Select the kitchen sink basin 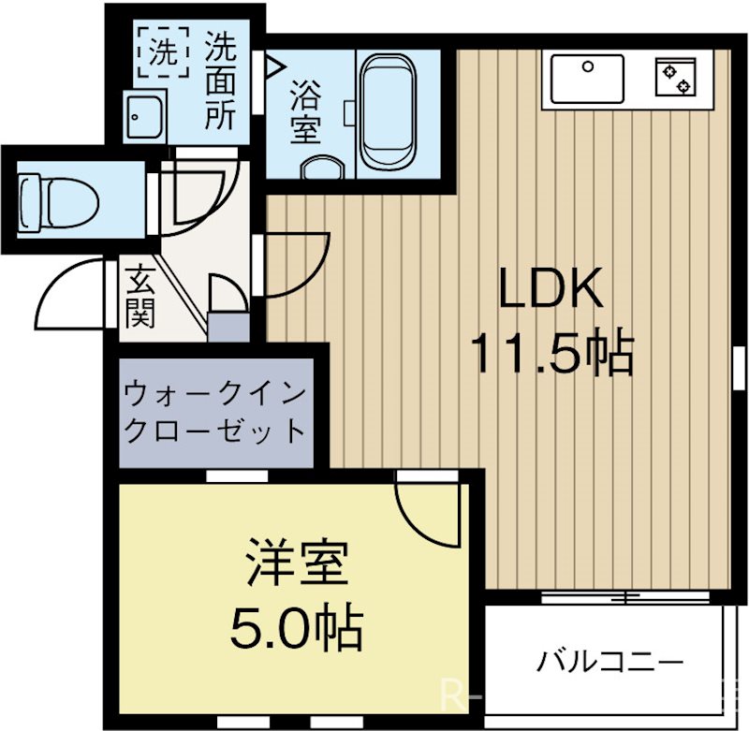pos(586,77)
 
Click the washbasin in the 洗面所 pos(143,116)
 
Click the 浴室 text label pos(304,113)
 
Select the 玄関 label pos(140,298)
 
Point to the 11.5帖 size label pos(551,354)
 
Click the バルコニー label pos(609,663)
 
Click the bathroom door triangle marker pos(273,66)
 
